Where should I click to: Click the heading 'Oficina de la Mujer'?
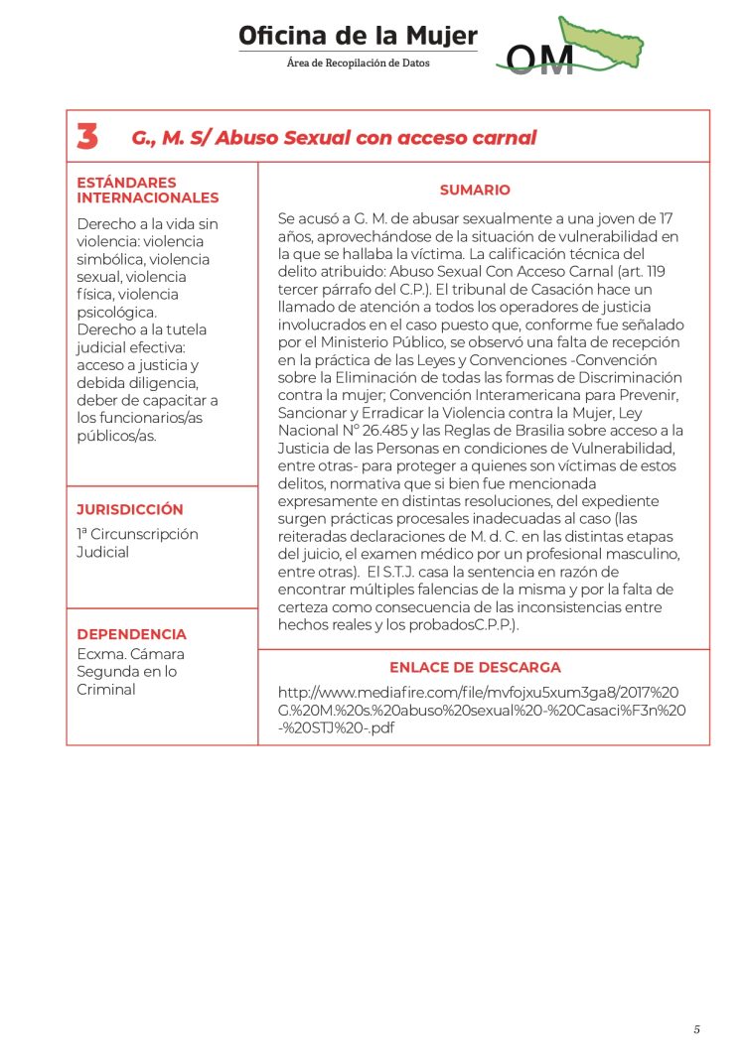(358, 37)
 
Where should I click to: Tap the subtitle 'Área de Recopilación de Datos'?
(358, 63)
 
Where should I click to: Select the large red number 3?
(87, 137)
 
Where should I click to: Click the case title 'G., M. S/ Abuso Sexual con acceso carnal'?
(334, 138)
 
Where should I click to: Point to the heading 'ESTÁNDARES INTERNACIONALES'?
(147, 190)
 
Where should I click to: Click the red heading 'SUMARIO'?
(475, 190)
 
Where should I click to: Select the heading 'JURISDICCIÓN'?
(130, 509)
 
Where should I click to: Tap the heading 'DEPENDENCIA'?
(131, 634)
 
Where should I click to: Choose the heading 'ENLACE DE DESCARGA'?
(475, 667)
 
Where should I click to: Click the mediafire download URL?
(482, 709)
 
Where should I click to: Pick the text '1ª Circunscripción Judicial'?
(137, 543)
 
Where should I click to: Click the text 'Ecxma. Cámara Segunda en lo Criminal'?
(130, 672)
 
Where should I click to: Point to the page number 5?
(696, 1029)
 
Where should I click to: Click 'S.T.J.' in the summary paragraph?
(397, 573)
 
